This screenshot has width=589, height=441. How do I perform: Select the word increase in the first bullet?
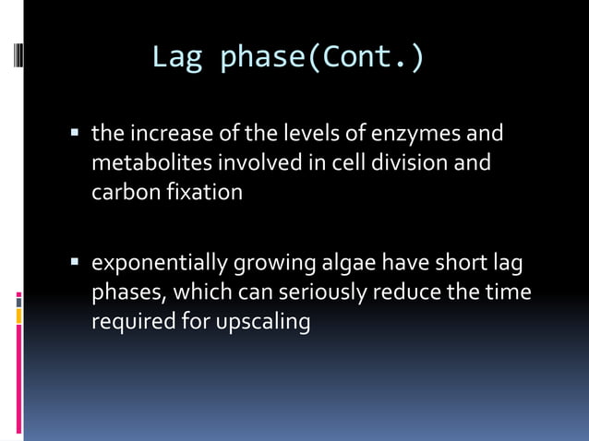pos(165,134)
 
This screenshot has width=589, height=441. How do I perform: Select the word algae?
pos(344,264)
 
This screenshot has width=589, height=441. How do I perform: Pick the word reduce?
pos(408,293)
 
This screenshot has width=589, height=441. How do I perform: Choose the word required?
pos(128,323)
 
